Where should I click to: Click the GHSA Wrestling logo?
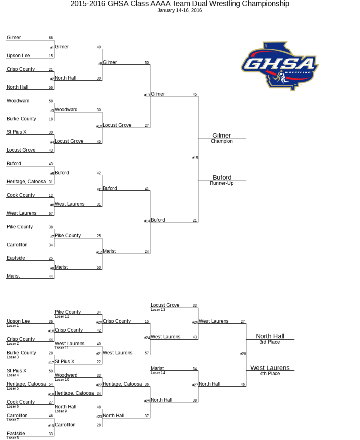[x=280, y=66]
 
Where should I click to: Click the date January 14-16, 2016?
[x=180, y=10]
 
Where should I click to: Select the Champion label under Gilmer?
[x=222, y=141]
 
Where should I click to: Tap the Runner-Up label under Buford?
[x=222, y=183]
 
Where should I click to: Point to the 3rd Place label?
[x=270, y=342]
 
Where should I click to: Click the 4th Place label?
[x=270, y=374]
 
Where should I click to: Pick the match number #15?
[x=195, y=158]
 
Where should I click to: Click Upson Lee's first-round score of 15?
[x=51, y=56]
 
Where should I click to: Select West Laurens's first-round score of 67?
[x=51, y=214]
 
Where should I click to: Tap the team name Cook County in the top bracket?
[x=21, y=195]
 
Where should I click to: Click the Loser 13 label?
[x=158, y=310]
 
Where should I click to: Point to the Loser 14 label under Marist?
[x=158, y=373]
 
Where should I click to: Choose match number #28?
[x=243, y=354]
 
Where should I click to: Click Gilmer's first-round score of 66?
[x=51, y=38]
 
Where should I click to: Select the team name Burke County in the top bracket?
[x=21, y=119]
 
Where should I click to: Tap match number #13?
[x=147, y=95]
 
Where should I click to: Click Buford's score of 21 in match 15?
[x=195, y=220]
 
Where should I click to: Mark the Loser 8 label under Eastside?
[x=13, y=438]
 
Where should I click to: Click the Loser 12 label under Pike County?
[x=62, y=316]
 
